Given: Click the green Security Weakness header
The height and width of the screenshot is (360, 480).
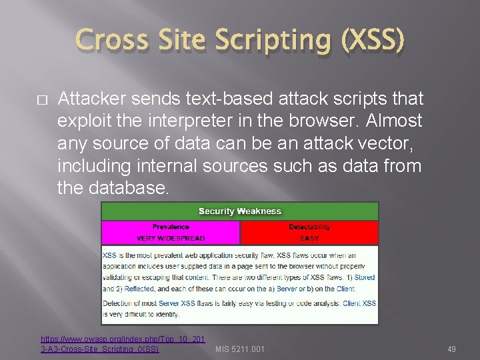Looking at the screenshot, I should [240, 211].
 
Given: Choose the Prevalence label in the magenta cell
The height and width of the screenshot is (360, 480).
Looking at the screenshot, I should [171, 227].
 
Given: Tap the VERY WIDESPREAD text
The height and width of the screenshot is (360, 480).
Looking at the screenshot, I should [171, 238].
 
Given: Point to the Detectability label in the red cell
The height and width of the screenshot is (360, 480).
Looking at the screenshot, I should [309, 227].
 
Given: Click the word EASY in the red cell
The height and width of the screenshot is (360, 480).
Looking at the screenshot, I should [309, 238].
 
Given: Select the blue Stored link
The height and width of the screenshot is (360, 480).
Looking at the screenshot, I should [363, 277].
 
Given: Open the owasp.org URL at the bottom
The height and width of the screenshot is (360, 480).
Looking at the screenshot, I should [123, 344].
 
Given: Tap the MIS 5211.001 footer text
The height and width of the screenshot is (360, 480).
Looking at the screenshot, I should [240, 349].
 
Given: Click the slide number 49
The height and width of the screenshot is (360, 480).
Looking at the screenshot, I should [451, 349].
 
